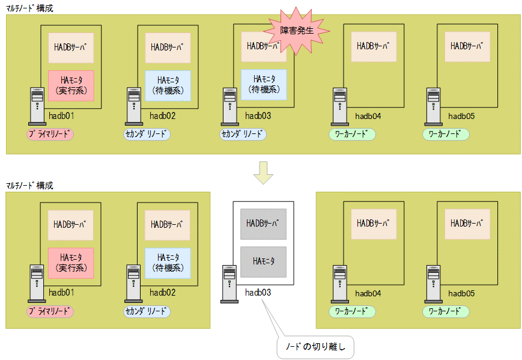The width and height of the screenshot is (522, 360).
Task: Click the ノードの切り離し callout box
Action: [317, 347]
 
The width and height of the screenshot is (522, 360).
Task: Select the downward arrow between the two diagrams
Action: [263, 172]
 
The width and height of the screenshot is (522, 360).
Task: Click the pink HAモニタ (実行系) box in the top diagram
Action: [71, 85]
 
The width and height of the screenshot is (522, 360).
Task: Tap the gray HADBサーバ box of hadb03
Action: [263, 224]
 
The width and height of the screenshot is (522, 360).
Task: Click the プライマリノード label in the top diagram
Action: [50, 135]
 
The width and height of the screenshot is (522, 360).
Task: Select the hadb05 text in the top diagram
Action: [461, 116]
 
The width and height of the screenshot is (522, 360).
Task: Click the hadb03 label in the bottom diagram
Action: [258, 293]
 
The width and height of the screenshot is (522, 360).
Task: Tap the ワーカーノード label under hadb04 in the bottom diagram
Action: [352, 312]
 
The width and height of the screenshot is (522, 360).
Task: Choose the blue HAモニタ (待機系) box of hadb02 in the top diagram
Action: [168, 85]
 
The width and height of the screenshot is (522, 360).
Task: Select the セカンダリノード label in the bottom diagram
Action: [147, 312]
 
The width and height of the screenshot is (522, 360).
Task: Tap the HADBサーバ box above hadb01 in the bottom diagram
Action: [71, 224]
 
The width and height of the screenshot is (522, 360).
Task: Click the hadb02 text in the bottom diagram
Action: [162, 293]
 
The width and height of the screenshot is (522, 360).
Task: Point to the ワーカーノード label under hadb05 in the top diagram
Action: [446, 135]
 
